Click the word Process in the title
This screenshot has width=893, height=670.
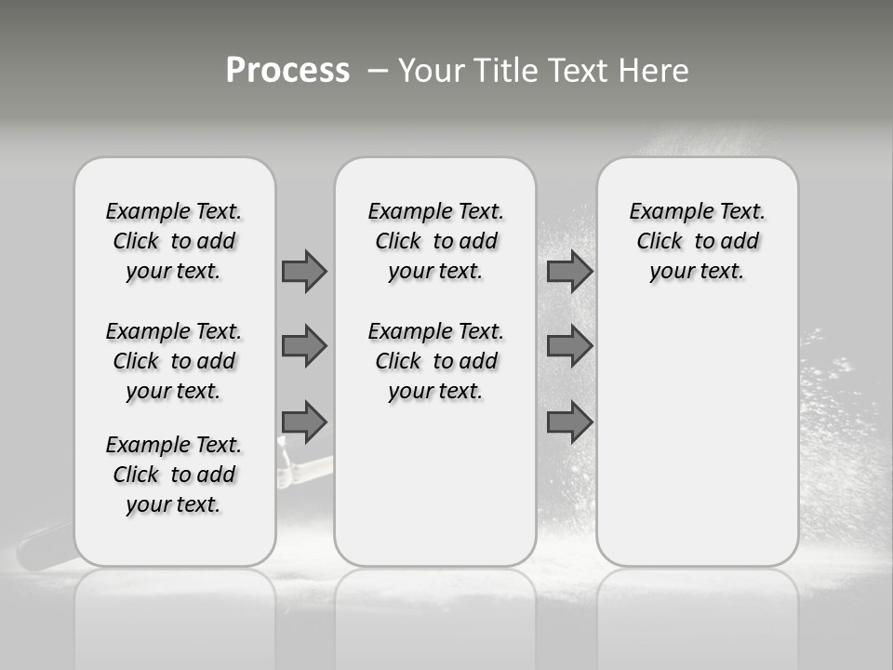[x=287, y=70]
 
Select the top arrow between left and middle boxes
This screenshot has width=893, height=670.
[x=304, y=271]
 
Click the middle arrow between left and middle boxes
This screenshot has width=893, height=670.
[x=304, y=346]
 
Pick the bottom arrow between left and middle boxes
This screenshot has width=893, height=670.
[x=304, y=422]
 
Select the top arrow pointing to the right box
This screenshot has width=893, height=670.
[x=569, y=271]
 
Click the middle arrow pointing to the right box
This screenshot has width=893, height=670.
[x=569, y=346]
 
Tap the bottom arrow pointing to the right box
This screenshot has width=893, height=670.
[x=569, y=422]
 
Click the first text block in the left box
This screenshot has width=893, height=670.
[x=174, y=241]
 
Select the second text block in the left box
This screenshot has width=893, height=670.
[x=174, y=361]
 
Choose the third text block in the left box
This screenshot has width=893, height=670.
[x=174, y=475]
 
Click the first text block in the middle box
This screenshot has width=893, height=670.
[x=435, y=241]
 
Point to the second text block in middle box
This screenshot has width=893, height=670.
[x=435, y=361]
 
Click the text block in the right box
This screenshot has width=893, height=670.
[x=697, y=241]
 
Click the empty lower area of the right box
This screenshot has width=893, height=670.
[x=697, y=447]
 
